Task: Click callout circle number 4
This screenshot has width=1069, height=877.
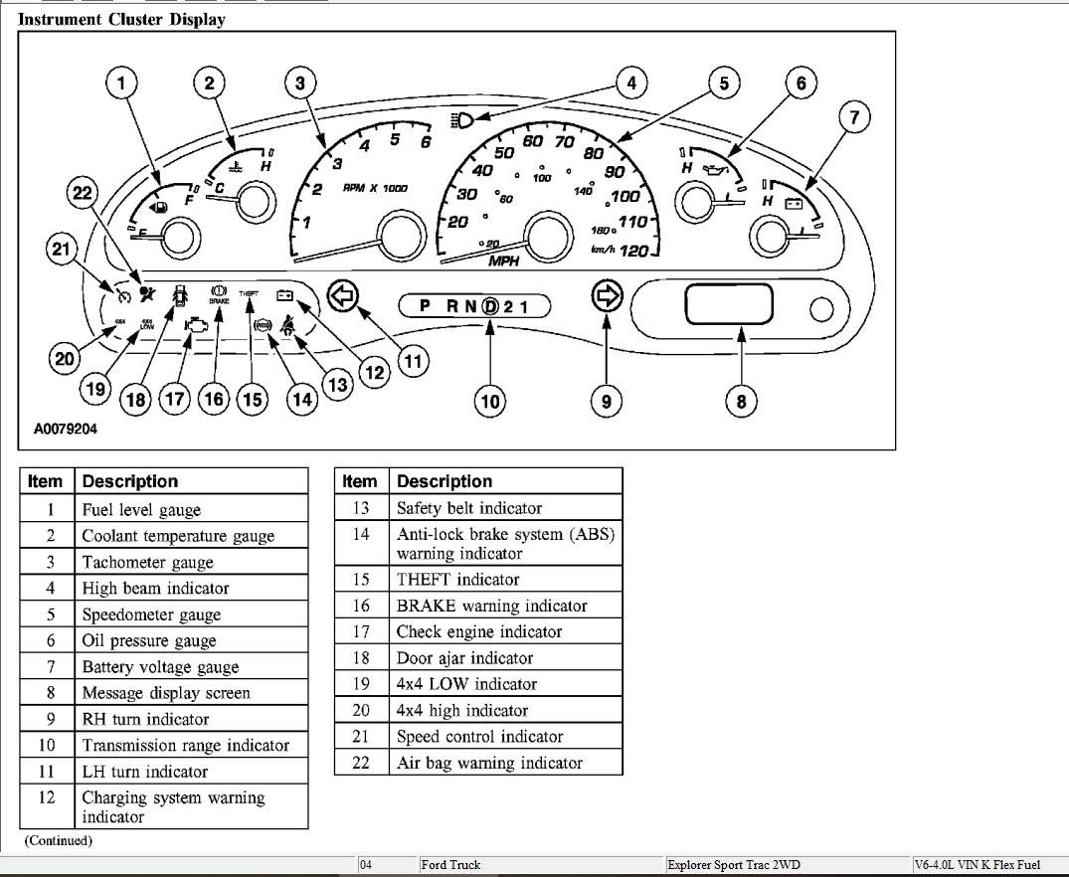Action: [630, 83]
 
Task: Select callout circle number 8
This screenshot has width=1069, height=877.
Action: [740, 401]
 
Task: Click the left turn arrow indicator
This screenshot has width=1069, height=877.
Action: [342, 295]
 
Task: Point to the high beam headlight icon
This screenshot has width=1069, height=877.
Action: [462, 120]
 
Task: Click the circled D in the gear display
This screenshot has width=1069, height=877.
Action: [489, 306]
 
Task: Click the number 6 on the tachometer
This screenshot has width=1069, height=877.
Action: [427, 141]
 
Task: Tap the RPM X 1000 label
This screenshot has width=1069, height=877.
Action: [375, 188]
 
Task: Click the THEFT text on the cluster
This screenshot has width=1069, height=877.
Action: [249, 294]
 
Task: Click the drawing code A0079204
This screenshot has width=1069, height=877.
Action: [59, 430]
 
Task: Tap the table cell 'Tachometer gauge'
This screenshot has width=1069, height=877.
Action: [147, 563]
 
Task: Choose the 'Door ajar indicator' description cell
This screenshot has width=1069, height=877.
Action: [464, 658]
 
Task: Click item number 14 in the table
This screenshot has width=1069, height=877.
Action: [360, 535]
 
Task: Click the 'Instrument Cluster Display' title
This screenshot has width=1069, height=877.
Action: [121, 19]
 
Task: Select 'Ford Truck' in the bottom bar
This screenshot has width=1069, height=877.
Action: [450, 865]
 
